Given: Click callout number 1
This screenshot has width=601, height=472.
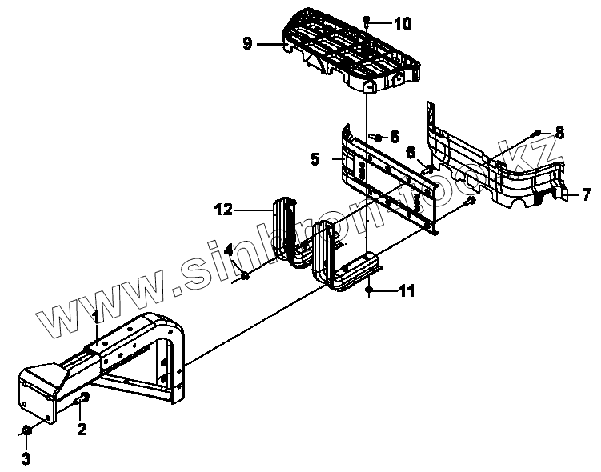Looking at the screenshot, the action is pyautogui.click(x=95, y=317).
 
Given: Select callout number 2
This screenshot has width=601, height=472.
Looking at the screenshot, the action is pyautogui.click(x=82, y=429).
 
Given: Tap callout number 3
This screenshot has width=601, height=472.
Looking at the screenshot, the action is pyautogui.click(x=26, y=458).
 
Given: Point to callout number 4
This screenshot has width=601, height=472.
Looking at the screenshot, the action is pyautogui.click(x=229, y=250).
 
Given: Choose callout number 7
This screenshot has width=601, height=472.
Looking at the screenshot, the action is pyautogui.click(x=586, y=194).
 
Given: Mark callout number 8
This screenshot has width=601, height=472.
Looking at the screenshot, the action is pyautogui.click(x=559, y=133).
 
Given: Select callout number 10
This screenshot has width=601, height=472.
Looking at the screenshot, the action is pyautogui.click(x=402, y=24).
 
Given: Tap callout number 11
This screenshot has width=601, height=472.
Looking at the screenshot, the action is pyautogui.click(x=407, y=292).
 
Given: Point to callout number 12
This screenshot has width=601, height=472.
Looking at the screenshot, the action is pyautogui.click(x=223, y=210).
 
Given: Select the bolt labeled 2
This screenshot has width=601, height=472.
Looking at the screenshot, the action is pyautogui.click(x=82, y=398).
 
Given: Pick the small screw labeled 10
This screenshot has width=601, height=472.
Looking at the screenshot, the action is pyautogui.click(x=366, y=19).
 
